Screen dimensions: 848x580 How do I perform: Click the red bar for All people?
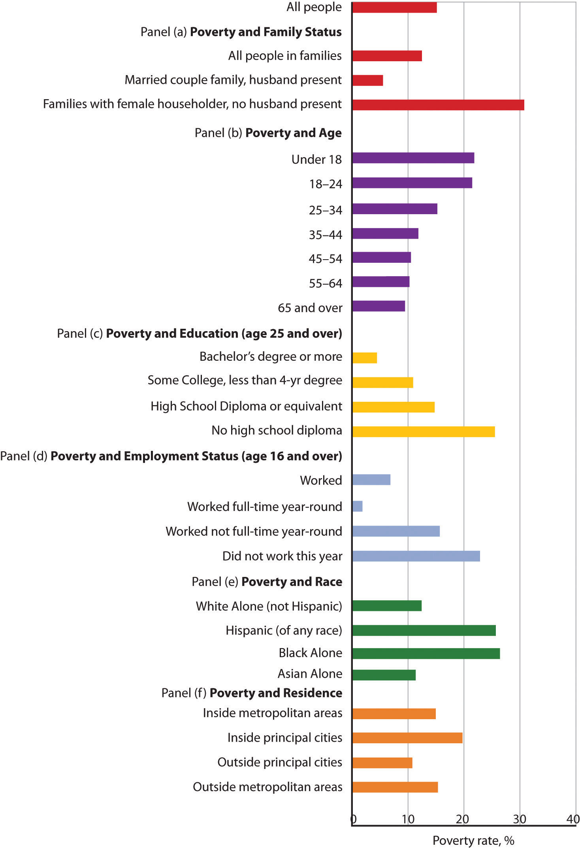click(x=394, y=8)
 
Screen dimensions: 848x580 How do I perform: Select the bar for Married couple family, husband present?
click(x=367, y=80)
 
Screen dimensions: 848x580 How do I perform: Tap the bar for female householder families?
click(x=438, y=105)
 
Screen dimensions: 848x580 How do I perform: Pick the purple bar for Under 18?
click(x=413, y=158)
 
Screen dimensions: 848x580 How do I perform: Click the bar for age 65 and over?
click(x=379, y=306)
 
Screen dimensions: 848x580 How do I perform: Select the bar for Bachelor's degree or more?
click(x=364, y=358)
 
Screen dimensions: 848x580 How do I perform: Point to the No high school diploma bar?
click(x=423, y=432)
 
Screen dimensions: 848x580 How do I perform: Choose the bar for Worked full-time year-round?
click(x=357, y=506)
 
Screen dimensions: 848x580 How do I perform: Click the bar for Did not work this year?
click(x=416, y=556)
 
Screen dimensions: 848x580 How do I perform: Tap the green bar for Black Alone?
click(x=426, y=654)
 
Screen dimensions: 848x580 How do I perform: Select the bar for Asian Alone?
click(x=384, y=675)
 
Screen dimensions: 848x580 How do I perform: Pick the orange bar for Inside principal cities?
click(x=407, y=738)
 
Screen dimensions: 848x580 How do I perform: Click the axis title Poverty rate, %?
click(x=473, y=840)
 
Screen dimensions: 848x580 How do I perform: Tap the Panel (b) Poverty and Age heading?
click(x=268, y=133)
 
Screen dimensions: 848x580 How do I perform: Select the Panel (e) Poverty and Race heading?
click(x=267, y=582)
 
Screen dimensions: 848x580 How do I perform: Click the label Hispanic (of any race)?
click(x=284, y=630)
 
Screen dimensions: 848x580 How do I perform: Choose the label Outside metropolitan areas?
click(x=267, y=787)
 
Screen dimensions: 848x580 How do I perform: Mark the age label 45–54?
click(x=325, y=259)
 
